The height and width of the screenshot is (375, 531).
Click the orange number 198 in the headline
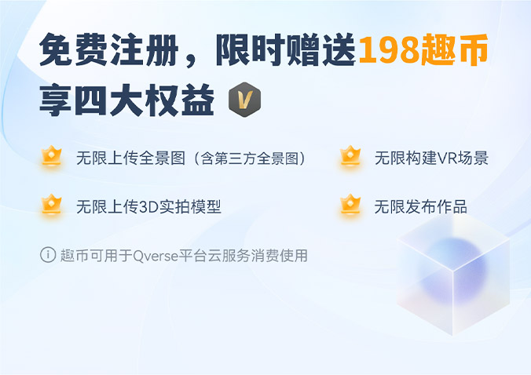tap(390, 51)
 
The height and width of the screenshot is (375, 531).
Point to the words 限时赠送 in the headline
tap(287, 51)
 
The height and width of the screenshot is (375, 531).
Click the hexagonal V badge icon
tap(244, 101)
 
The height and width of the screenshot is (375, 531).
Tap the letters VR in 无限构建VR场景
tap(442, 158)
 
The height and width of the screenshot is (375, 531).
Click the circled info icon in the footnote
tap(48, 254)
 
